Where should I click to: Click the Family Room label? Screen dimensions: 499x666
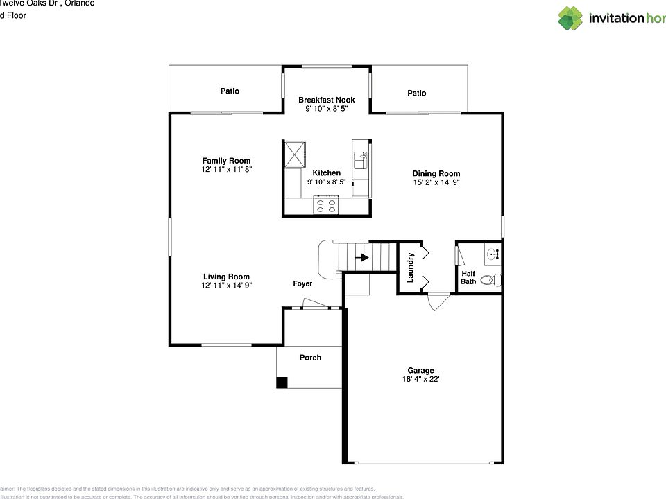(x=226, y=161)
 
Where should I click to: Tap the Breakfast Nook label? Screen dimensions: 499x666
(x=326, y=100)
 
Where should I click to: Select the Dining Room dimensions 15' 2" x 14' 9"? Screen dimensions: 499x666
(x=436, y=183)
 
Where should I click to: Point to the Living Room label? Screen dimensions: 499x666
(x=226, y=277)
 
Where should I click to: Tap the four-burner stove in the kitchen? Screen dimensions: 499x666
(x=326, y=205)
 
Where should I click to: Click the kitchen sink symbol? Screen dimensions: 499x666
(x=360, y=161)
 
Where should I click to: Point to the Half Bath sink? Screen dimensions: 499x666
(x=493, y=254)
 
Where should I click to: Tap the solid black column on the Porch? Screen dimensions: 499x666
(x=282, y=382)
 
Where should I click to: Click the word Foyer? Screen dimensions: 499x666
(x=302, y=284)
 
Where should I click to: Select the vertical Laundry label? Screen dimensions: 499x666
(x=410, y=268)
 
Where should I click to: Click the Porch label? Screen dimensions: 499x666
(x=310, y=358)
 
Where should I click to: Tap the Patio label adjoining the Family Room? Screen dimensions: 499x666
(x=230, y=91)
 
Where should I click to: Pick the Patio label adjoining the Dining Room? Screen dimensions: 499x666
(x=416, y=93)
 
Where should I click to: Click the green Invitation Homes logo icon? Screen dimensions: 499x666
(x=570, y=18)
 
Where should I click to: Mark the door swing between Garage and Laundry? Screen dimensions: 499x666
(x=438, y=301)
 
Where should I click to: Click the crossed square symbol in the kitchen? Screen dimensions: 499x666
(x=294, y=153)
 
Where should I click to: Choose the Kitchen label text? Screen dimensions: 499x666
(x=326, y=173)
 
